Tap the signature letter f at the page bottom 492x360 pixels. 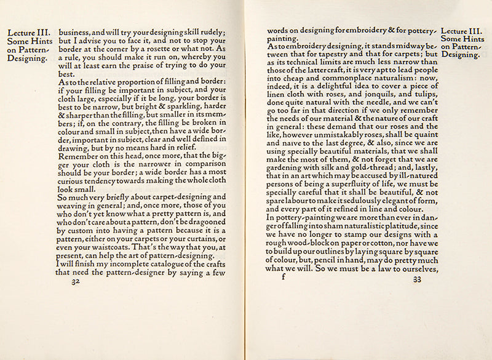click(284, 278)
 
